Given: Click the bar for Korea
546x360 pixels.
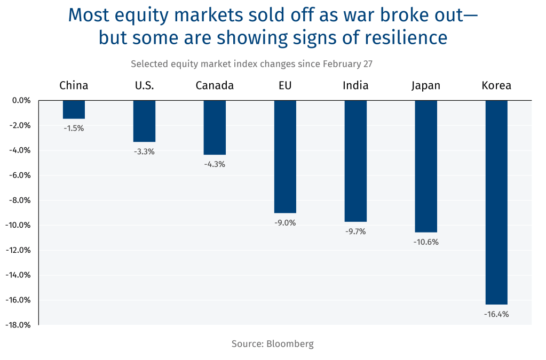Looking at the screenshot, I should [x=496, y=202].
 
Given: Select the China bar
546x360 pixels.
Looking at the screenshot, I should [x=74, y=109].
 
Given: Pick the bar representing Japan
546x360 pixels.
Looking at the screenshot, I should [x=426, y=166].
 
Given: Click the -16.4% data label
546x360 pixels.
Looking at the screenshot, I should [x=496, y=314].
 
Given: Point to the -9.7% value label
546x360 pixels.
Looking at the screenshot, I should [x=355, y=231].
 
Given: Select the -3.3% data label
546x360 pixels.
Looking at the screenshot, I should [x=144, y=151].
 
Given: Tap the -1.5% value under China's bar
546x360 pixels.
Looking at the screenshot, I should [x=74, y=128].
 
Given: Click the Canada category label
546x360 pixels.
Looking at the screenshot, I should [x=215, y=85].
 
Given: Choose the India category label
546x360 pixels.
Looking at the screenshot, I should [x=355, y=85].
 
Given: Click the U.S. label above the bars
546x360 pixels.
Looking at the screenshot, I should [x=144, y=85].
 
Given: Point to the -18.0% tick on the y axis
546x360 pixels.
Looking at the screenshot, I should [x=19, y=325].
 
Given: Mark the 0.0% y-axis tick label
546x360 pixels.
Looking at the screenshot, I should [x=21, y=100].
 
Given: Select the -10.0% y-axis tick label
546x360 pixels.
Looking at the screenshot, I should [x=19, y=225].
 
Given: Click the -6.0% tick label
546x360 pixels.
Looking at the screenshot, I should [x=20, y=175].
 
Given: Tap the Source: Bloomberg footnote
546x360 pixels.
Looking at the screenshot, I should [x=273, y=344].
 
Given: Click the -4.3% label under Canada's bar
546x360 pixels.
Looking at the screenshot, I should [x=215, y=164].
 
